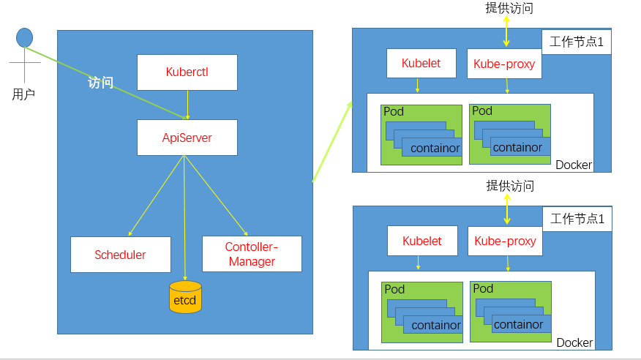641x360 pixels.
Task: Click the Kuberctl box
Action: (187, 72)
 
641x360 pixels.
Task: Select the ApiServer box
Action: (187, 138)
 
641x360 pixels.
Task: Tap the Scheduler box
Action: (120, 255)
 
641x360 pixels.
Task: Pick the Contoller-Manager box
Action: (251, 255)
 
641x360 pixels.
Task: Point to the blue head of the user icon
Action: (25, 37)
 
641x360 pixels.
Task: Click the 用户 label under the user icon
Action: (23, 94)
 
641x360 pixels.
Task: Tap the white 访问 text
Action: (100, 83)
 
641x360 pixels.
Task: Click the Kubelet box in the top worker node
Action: (421, 64)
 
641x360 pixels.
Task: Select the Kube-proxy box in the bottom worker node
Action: (505, 241)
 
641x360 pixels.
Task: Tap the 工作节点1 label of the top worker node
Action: (577, 42)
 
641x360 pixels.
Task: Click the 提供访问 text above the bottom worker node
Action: (510, 186)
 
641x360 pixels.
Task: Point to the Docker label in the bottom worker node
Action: (574, 342)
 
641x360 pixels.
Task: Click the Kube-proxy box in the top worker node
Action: (504, 64)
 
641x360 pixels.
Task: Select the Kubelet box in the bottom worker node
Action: (422, 241)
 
